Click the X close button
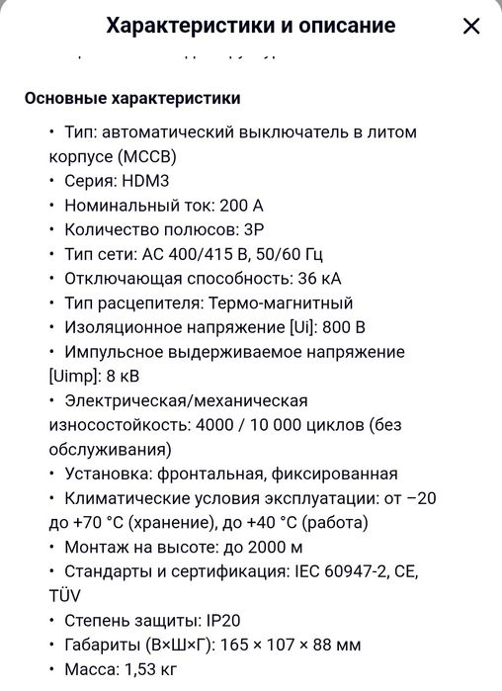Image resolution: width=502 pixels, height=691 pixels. [471, 27]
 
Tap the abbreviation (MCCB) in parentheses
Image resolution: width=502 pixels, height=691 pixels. [144, 156]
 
